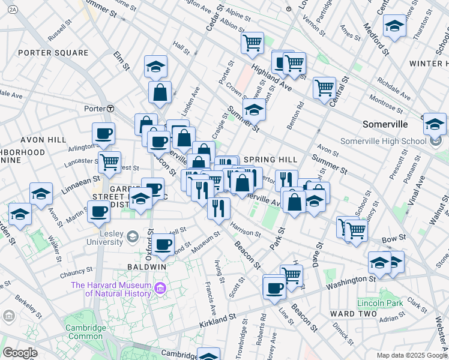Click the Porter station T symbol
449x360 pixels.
pyautogui.click(x=111, y=109)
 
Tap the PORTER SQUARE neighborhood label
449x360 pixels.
pyautogui.click(x=53, y=53)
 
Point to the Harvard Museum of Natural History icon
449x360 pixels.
pyautogui.click(x=160, y=289)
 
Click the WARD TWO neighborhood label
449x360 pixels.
pyautogui.click(x=354, y=314)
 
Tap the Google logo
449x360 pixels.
pyautogui.click(x=20, y=353)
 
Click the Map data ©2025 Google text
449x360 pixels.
pyautogui.click(x=412, y=355)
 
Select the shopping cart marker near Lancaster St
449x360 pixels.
pyautogui.click(x=109, y=161)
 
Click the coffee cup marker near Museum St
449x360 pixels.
pyautogui.click(x=163, y=244)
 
